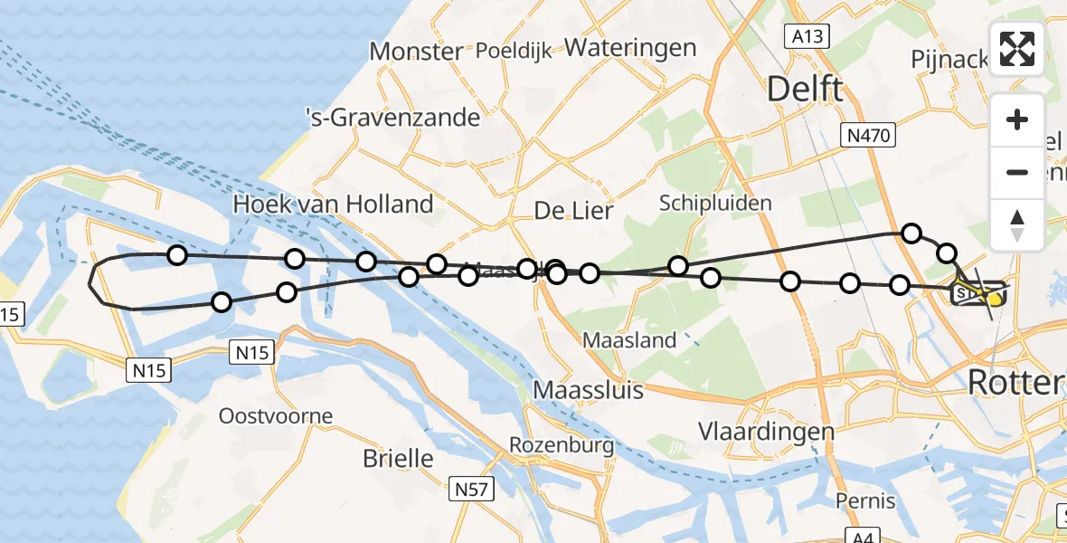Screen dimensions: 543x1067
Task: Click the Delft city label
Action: [805, 89]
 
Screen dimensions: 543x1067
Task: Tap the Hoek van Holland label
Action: [333, 204]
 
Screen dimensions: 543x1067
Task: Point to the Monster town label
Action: [416, 52]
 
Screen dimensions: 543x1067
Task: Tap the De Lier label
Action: [573, 212]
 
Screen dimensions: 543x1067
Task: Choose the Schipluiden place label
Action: [715, 202]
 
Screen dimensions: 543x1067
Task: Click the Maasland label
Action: [629, 340]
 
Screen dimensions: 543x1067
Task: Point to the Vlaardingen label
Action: [766, 431]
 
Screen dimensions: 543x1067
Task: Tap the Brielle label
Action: [398, 458]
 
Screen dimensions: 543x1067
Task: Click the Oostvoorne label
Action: [276, 416]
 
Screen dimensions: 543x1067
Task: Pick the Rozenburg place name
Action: [562, 445]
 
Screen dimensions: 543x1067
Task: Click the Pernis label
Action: [865, 500]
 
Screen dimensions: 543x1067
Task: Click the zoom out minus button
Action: [1017, 172]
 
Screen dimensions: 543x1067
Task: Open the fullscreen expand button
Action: [1017, 49]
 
